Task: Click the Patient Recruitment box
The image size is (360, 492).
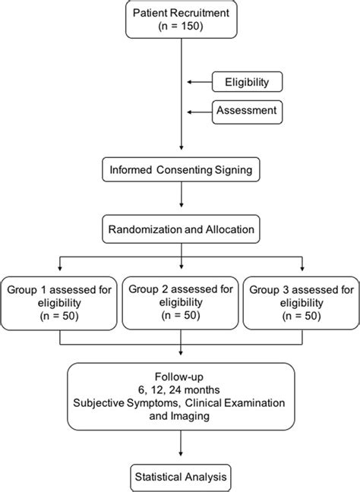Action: point(181,22)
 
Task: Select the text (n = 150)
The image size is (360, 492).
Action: point(181,30)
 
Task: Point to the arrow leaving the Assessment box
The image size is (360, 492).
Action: point(197,112)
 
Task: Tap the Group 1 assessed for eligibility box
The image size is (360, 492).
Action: point(58,301)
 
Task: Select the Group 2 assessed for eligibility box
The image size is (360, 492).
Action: point(181,301)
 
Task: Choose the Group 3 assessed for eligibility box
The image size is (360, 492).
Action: point(302,301)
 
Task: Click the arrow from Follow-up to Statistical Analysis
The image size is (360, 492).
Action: point(181,446)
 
